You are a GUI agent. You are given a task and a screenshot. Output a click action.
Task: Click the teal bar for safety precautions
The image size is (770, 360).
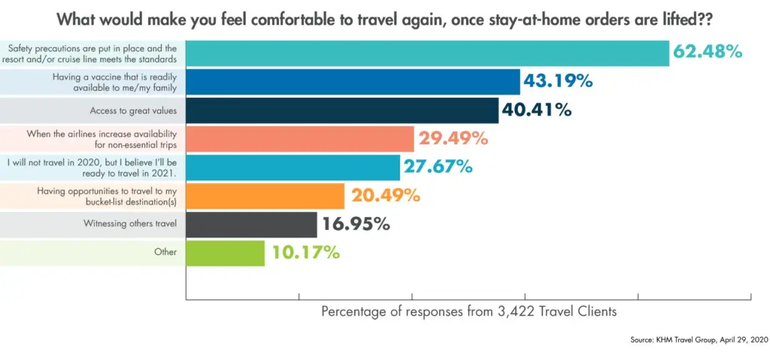click(x=427, y=53)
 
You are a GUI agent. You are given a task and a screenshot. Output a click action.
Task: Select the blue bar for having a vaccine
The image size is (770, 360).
click(x=353, y=81)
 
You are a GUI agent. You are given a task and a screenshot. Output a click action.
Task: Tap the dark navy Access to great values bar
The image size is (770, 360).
click(x=342, y=110)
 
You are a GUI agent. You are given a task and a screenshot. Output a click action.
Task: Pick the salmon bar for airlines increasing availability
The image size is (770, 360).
click(x=299, y=138)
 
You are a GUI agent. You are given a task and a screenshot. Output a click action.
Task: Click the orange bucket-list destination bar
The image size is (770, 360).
click(x=265, y=195)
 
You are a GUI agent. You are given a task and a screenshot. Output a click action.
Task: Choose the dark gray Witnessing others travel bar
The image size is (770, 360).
click(x=251, y=224)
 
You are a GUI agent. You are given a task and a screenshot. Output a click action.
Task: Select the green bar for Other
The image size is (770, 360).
click(x=225, y=253)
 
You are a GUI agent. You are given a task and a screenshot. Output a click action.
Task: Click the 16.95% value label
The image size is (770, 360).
click(x=356, y=224)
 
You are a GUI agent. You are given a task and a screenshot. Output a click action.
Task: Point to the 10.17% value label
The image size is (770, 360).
click(x=305, y=253)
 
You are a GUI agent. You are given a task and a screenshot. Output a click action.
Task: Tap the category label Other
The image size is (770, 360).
click(x=165, y=253)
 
